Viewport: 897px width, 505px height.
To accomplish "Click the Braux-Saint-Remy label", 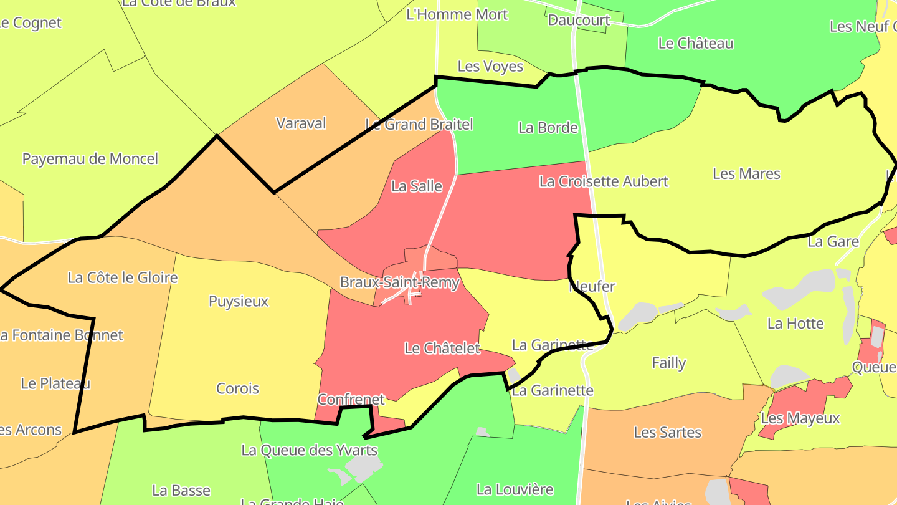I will click(399, 282).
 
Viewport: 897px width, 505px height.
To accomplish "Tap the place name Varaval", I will click(301, 123).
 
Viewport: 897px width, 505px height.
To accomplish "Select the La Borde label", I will click(548, 128).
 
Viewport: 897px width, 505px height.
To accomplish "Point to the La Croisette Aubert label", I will click(604, 181).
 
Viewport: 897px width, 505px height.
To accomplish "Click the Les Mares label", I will click(746, 173).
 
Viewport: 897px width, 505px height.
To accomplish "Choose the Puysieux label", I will click(239, 302).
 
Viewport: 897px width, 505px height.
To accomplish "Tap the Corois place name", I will click(237, 388).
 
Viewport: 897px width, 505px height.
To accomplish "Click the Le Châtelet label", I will click(442, 348).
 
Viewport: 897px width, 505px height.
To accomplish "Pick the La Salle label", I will click(417, 186).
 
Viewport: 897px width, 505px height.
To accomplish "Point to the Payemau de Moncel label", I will click(90, 158).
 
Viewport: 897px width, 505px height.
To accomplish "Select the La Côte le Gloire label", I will click(123, 277).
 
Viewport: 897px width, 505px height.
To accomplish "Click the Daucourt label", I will click(579, 20).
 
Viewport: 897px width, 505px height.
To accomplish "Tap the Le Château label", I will click(696, 43).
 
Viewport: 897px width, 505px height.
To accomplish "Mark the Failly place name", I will click(668, 363).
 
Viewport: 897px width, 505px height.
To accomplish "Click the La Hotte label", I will click(795, 323).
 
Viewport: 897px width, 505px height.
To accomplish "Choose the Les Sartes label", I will click(667, 432).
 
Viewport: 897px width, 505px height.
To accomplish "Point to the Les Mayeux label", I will click(800, 418).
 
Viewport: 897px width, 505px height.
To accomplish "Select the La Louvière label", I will click(515, 489).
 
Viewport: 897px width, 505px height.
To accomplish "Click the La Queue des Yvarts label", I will click(309, 450).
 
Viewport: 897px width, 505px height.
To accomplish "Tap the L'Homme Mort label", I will click(457, 14).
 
